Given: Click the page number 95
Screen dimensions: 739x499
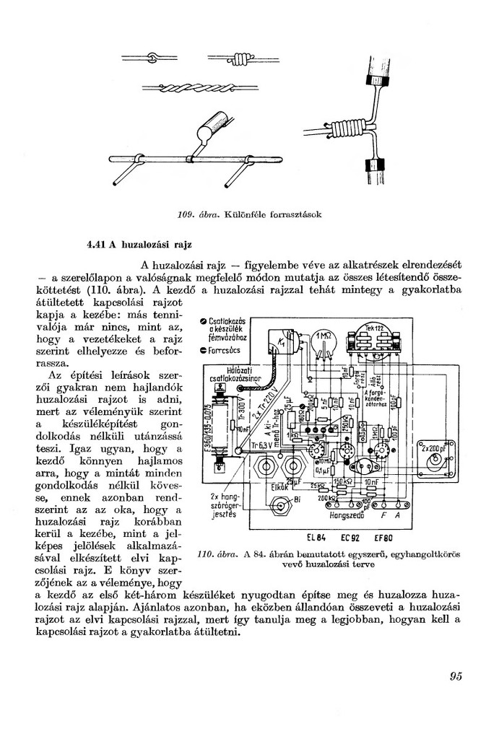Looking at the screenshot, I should (x=455, y=676).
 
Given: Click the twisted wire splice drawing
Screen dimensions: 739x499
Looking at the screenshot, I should (x=195, y=87).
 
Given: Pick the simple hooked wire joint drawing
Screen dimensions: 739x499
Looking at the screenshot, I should (x=152, y=58).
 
